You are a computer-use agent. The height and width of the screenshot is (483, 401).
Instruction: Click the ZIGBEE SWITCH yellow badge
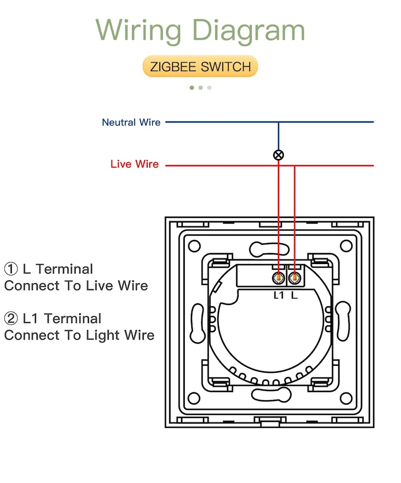point(201,67)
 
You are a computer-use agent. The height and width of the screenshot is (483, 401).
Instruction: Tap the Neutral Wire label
point(131,122)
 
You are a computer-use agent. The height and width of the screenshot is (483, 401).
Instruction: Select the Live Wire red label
point(135,164)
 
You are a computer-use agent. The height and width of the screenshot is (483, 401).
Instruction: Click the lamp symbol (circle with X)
point(278,155)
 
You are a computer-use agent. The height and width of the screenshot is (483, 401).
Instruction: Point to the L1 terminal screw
point(278,278)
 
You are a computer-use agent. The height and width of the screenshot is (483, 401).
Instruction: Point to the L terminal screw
point(294,278)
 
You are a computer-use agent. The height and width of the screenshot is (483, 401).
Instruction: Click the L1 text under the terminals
point(279,295)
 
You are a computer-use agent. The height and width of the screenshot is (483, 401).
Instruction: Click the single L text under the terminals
point(294,295)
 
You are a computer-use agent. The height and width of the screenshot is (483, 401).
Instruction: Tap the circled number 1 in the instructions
point(11,269)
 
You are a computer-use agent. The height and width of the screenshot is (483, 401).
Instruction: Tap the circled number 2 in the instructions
point(11,318)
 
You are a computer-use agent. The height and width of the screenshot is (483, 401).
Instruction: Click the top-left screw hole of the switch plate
point(194,246)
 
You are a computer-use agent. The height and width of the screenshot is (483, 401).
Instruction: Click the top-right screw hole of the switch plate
point(346,246)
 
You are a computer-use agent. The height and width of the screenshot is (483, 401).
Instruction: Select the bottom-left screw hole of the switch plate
point(194,399)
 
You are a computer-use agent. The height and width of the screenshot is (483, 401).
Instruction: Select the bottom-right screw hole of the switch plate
point(346,399)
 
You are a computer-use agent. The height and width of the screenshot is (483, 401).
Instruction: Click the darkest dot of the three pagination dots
point(192,87)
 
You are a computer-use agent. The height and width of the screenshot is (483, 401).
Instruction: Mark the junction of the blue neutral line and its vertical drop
point(278,122)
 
